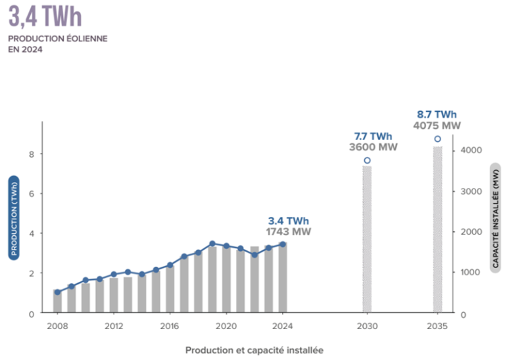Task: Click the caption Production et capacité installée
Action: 254,349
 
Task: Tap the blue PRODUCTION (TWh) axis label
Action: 13,217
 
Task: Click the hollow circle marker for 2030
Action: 367,160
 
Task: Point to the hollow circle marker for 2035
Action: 437,139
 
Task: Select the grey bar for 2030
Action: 367,240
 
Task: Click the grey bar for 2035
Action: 437,230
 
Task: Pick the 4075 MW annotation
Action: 437,125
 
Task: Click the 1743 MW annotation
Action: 288,232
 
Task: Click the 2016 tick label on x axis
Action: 170,326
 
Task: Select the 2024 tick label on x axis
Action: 282,326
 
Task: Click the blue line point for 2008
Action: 57,292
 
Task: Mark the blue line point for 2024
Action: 283,244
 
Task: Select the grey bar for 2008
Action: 57,302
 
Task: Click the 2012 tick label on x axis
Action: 113,326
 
